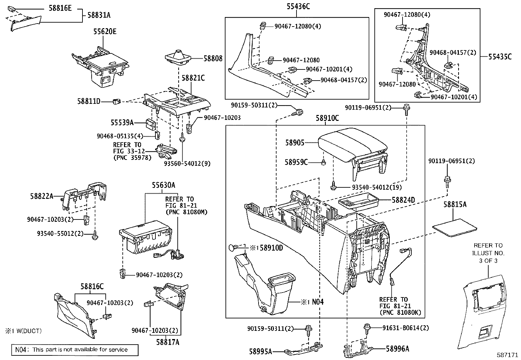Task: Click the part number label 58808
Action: (213, 59)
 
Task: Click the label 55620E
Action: (105, 31)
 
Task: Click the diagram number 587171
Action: (507, 355)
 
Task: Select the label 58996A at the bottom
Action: (397, 349)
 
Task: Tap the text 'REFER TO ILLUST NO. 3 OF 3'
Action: (488, 253)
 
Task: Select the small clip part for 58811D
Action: (116, 102)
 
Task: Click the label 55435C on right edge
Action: (500, 56)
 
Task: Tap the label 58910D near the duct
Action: (271, 248)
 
